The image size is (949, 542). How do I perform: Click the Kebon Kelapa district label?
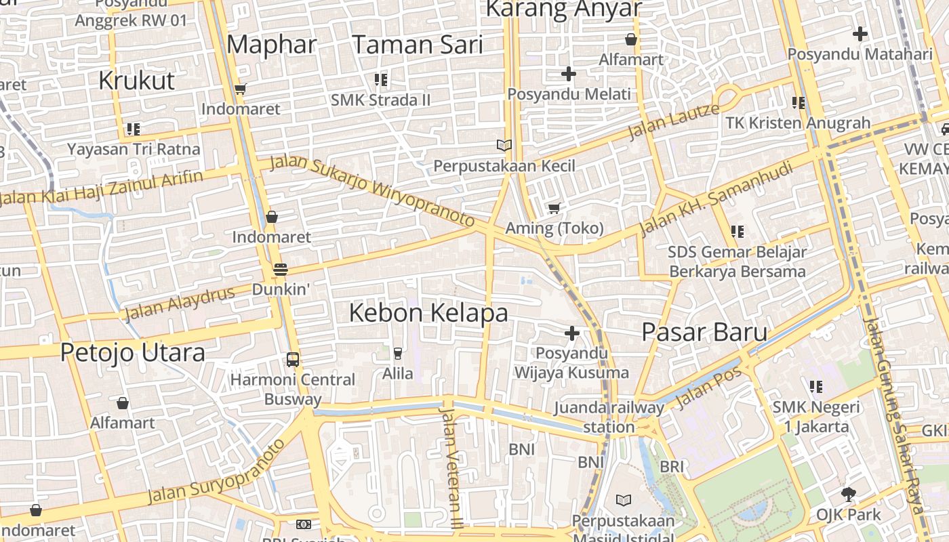pos(428,313)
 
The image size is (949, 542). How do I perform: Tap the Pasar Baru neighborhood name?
pos(704,332)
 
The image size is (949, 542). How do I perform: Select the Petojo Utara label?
pos(132,352)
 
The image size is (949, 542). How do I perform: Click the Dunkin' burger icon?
pos(280,270)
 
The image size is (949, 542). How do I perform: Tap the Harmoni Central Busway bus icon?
pos(293,359)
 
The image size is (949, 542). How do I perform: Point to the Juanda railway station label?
pos(609,417)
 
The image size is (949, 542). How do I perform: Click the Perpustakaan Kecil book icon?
pos(504,145)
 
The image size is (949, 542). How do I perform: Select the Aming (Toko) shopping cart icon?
pos(554,208)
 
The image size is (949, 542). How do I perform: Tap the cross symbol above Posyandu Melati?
pos(569,73)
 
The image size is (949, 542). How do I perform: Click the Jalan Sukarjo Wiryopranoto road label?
pos(372,191)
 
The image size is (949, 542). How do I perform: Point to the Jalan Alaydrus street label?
pos(180,303)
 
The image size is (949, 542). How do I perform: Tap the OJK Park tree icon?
pos(848,494)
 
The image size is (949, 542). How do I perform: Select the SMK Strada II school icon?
pos(381,80)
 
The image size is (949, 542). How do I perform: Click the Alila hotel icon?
pos(398,353)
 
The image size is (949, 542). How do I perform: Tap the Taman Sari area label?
pos(418,45)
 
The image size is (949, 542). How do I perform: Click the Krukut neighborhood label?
pos(136,80)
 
